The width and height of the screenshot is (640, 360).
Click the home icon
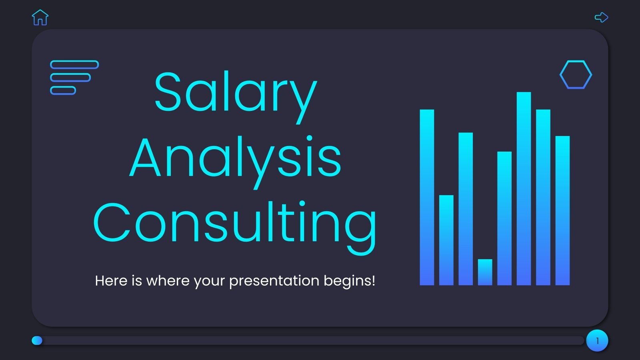(40, 18)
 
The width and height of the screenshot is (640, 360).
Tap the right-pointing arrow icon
(601, 17)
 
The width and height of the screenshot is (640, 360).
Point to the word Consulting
(235, 224)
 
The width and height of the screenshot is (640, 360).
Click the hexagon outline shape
(576, 75)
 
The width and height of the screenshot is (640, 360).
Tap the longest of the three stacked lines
(74, 65)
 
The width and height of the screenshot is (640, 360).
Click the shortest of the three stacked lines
(63, 90)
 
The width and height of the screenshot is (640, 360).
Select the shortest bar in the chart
(485, 272)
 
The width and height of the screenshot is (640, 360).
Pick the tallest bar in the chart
(524, 188)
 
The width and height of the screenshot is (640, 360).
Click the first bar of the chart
(427, 197)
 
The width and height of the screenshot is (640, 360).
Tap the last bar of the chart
(562, 210)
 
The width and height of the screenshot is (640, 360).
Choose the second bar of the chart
(446, 240)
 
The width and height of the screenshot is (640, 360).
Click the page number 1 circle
(597, 341)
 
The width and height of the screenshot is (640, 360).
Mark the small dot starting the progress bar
(37, 340)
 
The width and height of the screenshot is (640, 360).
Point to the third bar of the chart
(466, 209)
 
